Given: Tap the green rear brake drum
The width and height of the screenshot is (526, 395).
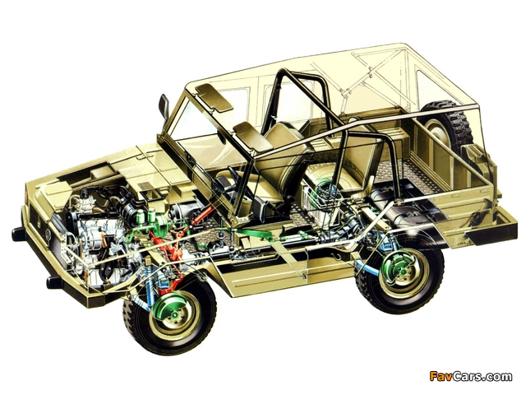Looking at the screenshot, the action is pyautogui.click(x=398, y=273).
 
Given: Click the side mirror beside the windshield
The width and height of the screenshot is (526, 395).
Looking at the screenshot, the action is pyautogui.click(x=164, y=105).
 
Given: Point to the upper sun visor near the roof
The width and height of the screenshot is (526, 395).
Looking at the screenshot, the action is pyautogui.click(x=215, y=97).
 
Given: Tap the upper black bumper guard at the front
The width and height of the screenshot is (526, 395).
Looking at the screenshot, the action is pyautogui.click(x=19, y=234).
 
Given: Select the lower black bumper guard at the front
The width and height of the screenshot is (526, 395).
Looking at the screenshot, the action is pyautogui.click(x=54, y=282).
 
